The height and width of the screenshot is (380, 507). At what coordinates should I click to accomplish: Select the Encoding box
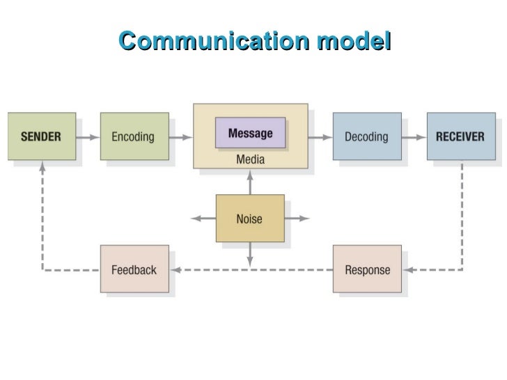133,136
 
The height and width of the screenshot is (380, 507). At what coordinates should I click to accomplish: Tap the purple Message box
250,133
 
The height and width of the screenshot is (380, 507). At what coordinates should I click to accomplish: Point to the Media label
250,159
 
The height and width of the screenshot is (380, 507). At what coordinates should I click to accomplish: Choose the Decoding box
366,136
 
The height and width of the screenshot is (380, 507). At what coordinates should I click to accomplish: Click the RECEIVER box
460,136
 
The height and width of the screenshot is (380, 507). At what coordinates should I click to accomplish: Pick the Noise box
249,219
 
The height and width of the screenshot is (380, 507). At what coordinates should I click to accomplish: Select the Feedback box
134,269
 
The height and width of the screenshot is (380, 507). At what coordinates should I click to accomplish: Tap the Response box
367,269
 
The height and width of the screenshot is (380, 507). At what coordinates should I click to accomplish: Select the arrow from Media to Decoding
320,137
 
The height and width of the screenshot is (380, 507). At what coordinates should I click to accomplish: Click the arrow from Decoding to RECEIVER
414,137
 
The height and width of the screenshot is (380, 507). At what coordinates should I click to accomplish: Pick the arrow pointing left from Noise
203,219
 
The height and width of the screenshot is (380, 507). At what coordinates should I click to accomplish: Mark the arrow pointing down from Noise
250,254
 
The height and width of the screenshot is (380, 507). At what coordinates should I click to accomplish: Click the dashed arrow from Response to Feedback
251,270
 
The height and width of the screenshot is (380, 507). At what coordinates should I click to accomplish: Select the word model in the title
354,41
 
